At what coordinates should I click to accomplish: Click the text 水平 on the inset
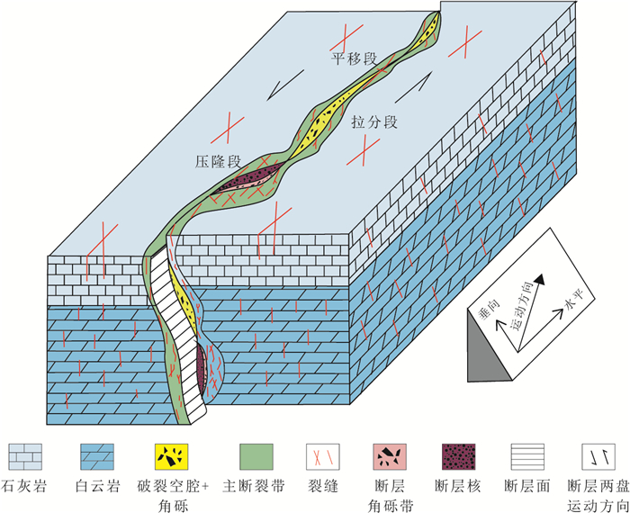(564, 307)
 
